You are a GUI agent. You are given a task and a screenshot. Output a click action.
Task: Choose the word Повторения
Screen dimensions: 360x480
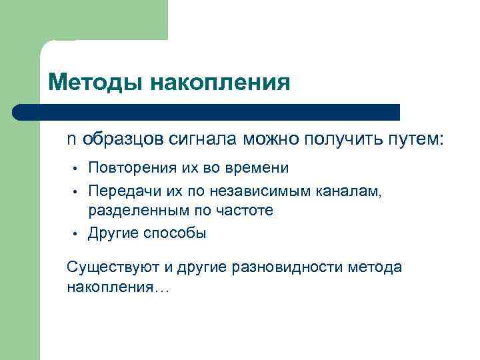click(x=127, y=167)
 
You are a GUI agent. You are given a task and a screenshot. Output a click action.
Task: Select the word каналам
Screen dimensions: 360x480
click(x=350, y=192)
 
